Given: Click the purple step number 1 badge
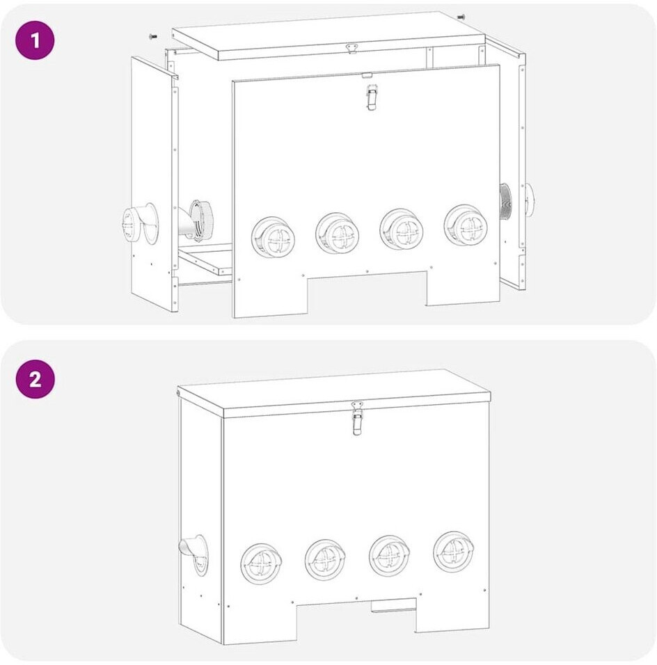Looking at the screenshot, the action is tap(35, 40).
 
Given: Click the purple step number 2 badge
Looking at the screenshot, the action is tap(35, 378).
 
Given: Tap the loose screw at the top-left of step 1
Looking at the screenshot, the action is tap(153, 37).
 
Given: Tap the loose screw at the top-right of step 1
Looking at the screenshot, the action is tap(461, 17).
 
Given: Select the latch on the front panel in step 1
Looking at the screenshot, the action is tap(372, 97).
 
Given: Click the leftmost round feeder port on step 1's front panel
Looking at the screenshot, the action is tap(274, 237).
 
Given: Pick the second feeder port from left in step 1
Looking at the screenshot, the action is tap(338, 233).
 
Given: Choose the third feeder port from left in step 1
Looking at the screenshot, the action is tap(402, 229).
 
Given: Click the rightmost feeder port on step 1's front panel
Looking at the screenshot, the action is tap(466, 225).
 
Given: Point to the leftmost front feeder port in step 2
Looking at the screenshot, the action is tap(261, 563).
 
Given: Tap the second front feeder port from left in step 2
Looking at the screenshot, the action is tap(325, 560).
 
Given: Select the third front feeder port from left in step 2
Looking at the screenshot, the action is tap(389, 556).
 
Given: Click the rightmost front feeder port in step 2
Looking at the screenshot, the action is tap(454, 552).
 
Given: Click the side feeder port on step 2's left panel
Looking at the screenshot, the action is tap(194, 554).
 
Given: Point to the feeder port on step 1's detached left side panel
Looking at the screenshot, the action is tap(139, 223).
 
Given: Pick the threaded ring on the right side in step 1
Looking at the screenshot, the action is tap(505, 202).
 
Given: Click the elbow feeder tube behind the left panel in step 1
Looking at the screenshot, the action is tap(196, 221).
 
